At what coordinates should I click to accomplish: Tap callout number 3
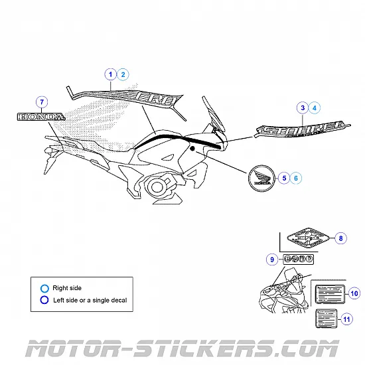(303, 108)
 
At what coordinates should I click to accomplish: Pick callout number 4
(315, 108)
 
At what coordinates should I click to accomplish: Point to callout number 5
(284, 177)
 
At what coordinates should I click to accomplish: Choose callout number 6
(296, 177)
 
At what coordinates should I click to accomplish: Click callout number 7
(42, 102)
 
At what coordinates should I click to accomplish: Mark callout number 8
(341, 238)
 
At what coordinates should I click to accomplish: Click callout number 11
(346, 319)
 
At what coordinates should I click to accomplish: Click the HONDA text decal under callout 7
(41, 116)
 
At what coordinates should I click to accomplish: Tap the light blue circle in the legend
(44, 289)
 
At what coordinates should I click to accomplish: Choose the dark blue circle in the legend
(44, 300)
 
